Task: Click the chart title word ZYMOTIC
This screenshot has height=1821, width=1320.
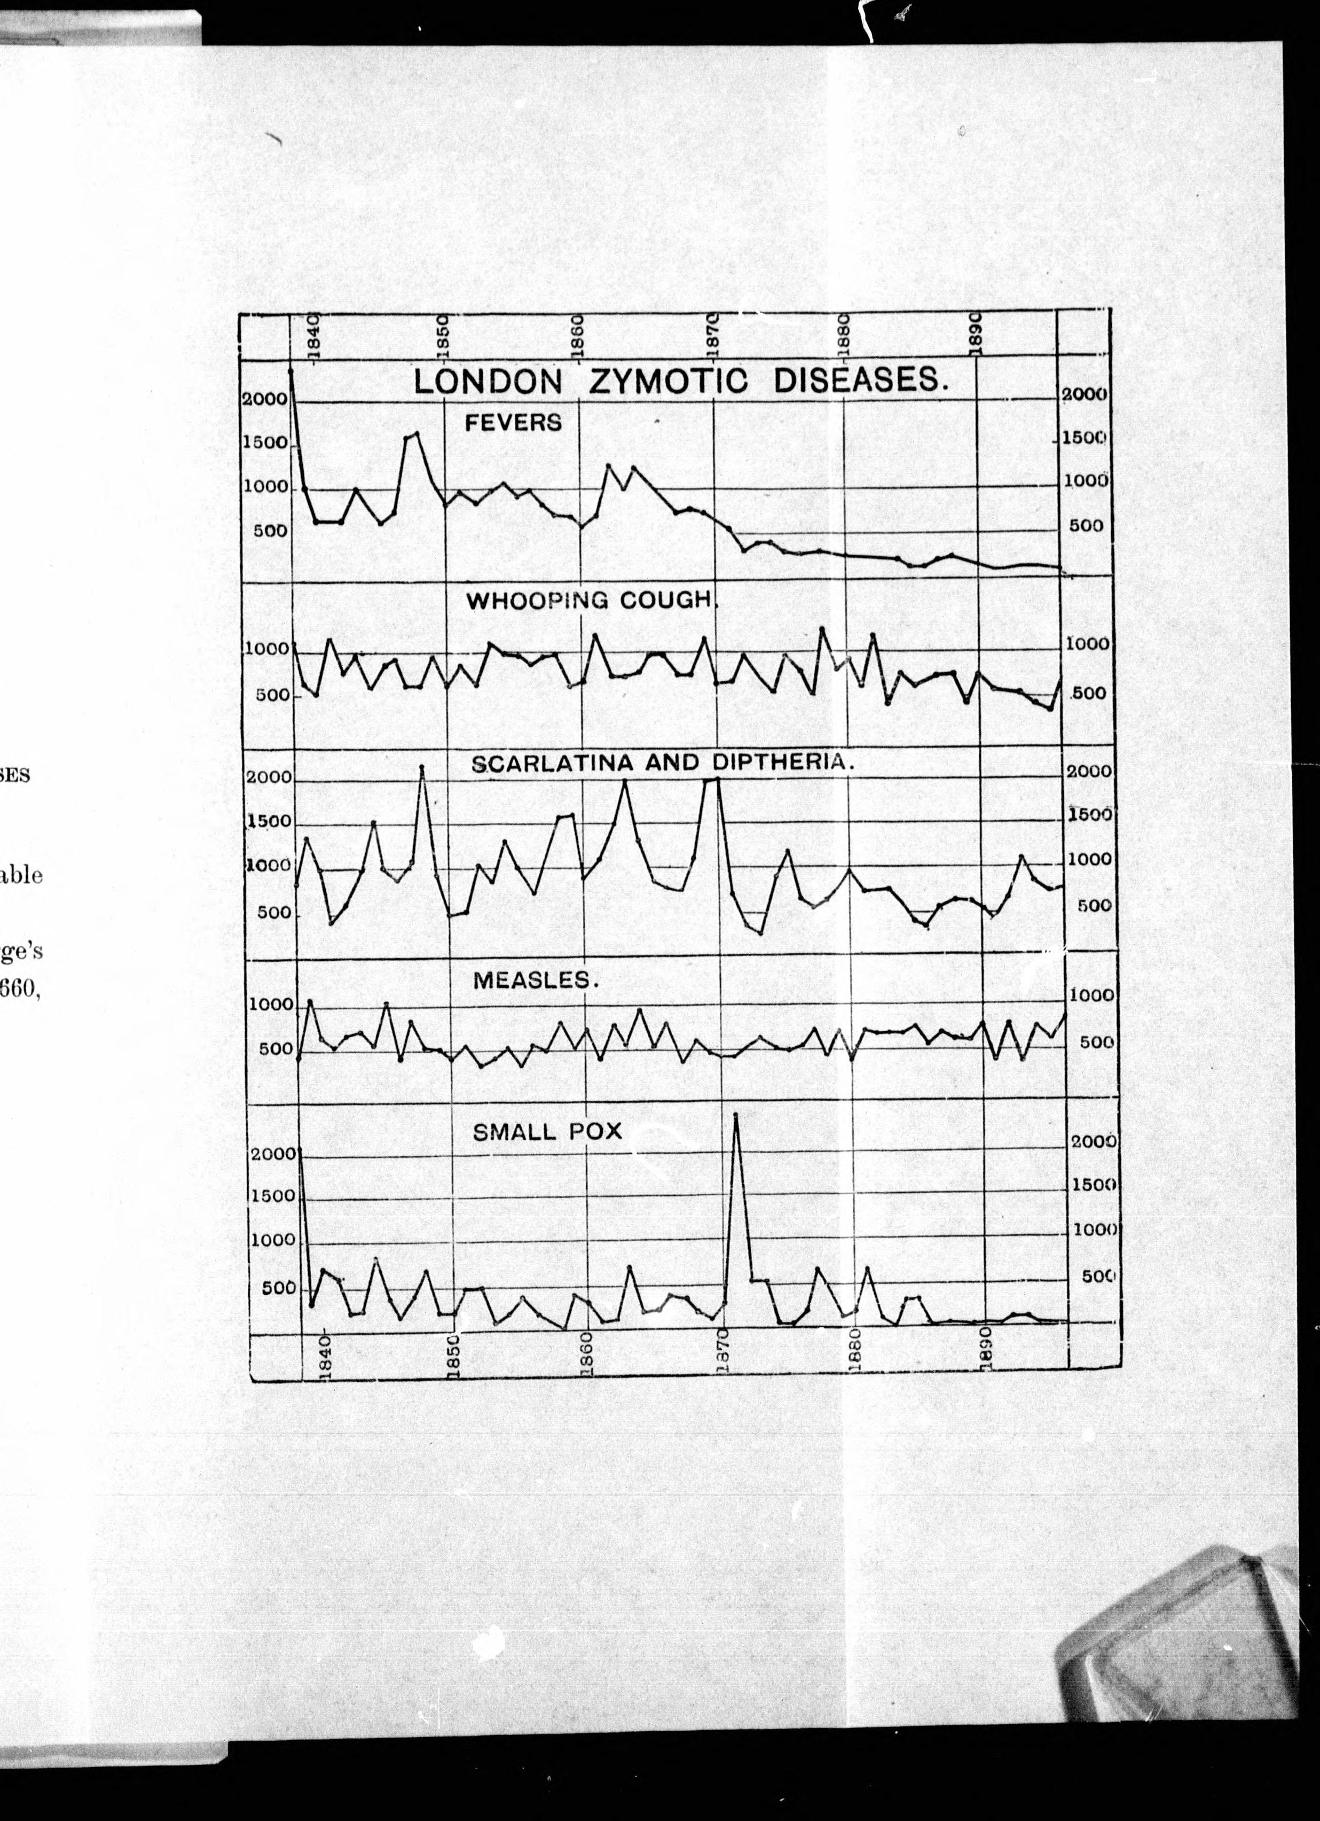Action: tap(667, 380)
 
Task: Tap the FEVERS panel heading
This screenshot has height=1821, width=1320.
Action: tap(514, 422)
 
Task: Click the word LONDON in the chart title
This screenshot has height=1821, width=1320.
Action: tap(488, 382)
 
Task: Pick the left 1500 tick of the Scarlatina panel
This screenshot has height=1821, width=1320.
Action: tap(268, 821)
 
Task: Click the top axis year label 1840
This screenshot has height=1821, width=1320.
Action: tap(314, 335)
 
